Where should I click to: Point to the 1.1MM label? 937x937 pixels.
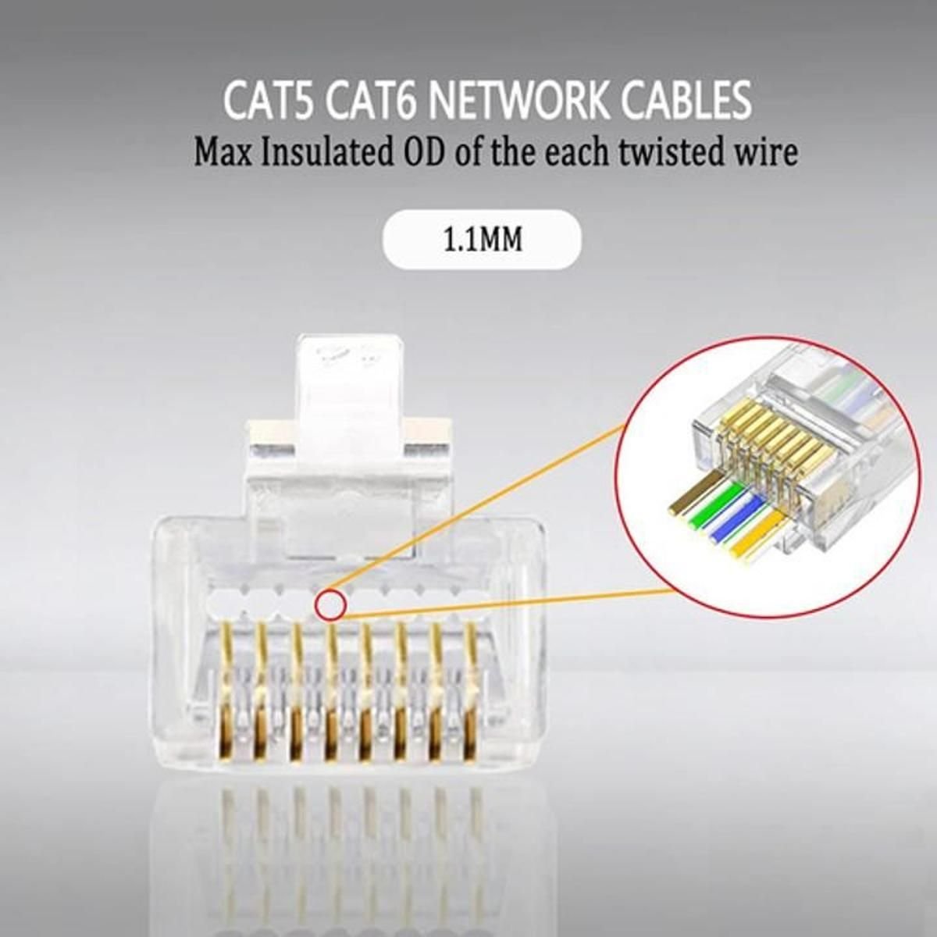483,239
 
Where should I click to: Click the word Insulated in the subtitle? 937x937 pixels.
326,153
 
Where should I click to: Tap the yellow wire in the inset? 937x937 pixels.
757,536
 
